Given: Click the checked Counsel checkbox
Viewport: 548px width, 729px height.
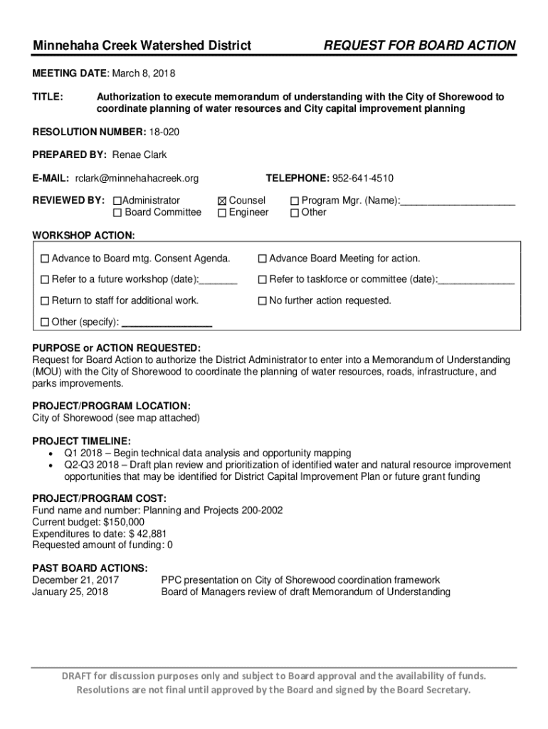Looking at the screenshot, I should pos(222,201).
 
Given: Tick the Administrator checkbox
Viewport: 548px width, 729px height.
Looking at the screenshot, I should pos(118,201).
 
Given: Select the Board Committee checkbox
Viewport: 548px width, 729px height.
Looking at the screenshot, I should pos(118,212).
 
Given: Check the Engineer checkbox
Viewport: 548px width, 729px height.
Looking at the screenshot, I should pos(222,212).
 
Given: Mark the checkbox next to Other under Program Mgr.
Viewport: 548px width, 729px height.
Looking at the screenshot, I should pos(295,212).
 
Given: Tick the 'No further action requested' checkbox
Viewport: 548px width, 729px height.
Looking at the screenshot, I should pos(262,301).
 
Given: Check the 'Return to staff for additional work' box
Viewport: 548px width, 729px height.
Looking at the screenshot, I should pos(45,301).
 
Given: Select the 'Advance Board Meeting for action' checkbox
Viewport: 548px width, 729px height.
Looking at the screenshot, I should pos(262,258).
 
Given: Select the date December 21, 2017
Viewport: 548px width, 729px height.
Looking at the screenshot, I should pos(75,580).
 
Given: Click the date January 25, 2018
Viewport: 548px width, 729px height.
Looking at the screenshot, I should pos(70,592).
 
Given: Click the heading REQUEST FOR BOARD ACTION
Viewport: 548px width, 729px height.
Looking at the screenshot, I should pos(420,46).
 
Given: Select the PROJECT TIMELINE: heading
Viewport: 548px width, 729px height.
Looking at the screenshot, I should pos(81,441).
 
